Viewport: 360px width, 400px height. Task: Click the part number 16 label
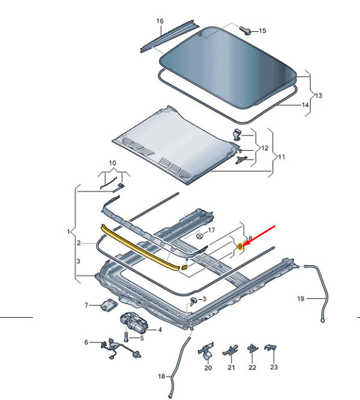tap(160, 22)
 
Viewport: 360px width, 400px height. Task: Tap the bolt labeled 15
tap(247, 29)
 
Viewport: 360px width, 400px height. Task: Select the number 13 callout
tap(319, 95)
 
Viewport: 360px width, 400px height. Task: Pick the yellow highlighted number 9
tap(239, 246)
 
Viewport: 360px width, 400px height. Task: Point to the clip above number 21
tap(231, 350)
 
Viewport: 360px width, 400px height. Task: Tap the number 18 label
tap(161, 376)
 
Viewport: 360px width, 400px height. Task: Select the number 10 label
tap(113, 163)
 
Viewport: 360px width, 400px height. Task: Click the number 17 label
tap(211, 230)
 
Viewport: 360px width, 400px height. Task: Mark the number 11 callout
tap(281, 157)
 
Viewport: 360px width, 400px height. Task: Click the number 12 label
tap(265, 148)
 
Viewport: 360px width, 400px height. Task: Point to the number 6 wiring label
tap(86, 342)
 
